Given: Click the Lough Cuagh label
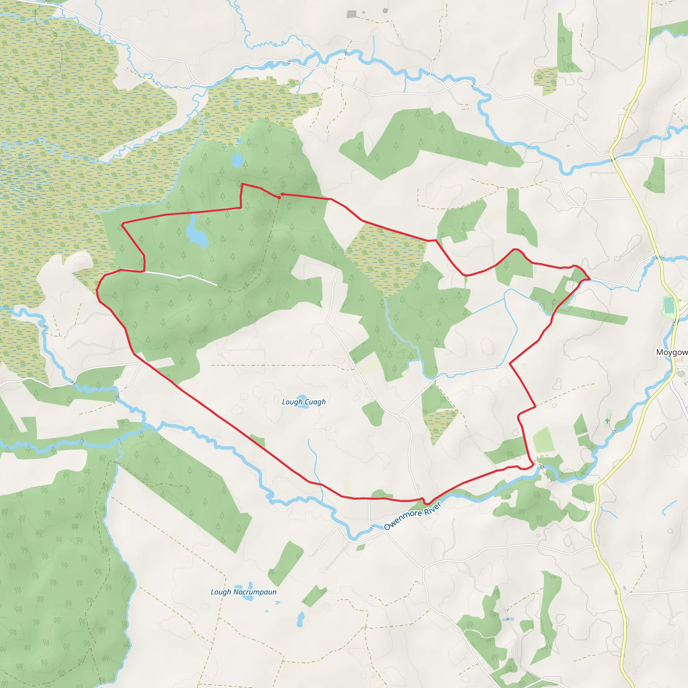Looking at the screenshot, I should pyautogui.click(x=304, y=402).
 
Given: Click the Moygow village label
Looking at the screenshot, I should pyautogui.click(x=672, y=352).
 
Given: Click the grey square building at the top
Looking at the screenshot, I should pyautogui.click(x=351, y=14).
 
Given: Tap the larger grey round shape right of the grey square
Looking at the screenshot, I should pyautogui.click(x=385, y=11).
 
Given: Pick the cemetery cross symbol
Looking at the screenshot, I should pyautogui.click(x=607, y=421).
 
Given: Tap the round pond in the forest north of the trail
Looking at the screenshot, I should pyautogui.click(x=237, y=161).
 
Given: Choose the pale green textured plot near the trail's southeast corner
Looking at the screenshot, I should pyautogui.click(x=544, y=440).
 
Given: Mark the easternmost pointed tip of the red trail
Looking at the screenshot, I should pyautogui.click(x=590, y=278).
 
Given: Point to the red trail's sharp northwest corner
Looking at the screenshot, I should pyautogui.click(x=122, y=224).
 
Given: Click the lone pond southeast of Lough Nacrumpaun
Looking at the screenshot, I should pyautogui.click(x=301, y=619).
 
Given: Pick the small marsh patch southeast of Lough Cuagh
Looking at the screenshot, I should pyautogui.click(x=440, y=424).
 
